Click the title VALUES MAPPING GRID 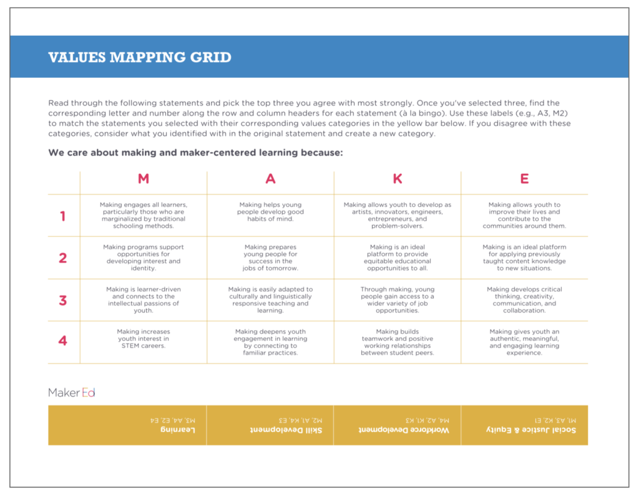coord(140,58)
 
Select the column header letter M coord(144,179)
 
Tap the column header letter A coord(270,179)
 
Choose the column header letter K coord(398,179)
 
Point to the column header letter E coord(524,179)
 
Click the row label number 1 coord(62,216)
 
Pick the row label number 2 coord(62,258)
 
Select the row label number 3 coord(62,300)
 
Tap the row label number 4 coord(62,341)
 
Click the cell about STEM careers coord(144,339)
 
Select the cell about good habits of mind coord(270,212)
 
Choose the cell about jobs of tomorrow coord(270,257)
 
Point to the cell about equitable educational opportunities coord(398,257)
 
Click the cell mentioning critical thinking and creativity coord(524,300)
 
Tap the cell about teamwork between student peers coord(398,342)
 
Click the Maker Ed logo coord(72,393)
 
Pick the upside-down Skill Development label coord(286,431)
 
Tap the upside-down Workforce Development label coord(404,431)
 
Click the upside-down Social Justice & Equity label coord(531,431)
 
